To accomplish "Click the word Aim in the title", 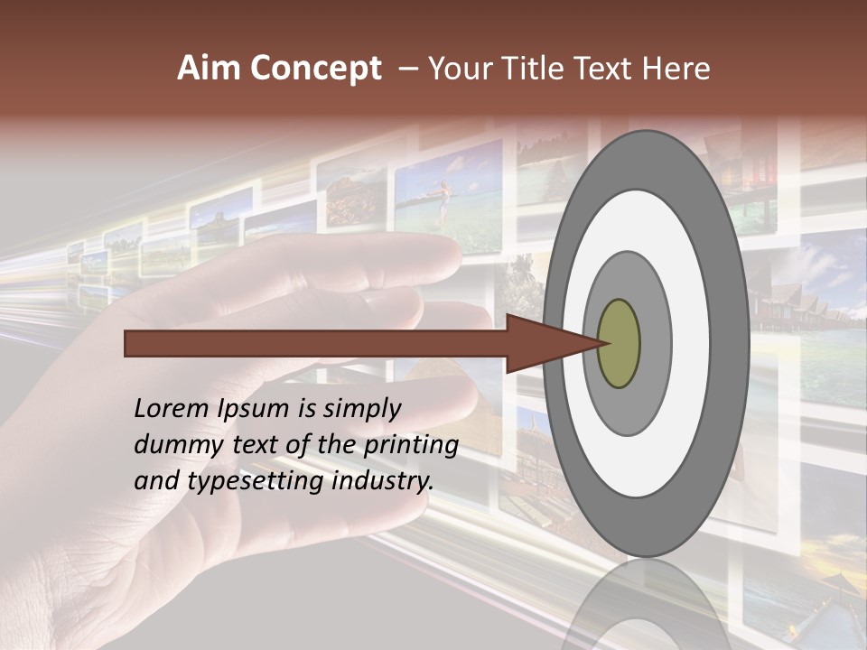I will tap(207, 69).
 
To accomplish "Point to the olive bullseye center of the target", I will tap(619, 343).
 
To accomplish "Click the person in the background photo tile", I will tap(443, 200).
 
